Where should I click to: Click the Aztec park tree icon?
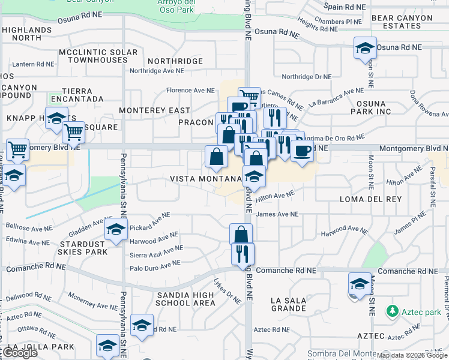coord(393,311)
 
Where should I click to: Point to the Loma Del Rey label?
coord(366,199)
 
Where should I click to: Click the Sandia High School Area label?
coord(185,299)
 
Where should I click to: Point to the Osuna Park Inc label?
coord(370,107)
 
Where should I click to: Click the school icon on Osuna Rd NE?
coord(364,49)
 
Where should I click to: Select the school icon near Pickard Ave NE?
coord(116,230)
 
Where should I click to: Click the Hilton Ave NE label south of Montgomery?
coord(275,196)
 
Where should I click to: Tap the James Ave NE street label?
coord(277,214)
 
